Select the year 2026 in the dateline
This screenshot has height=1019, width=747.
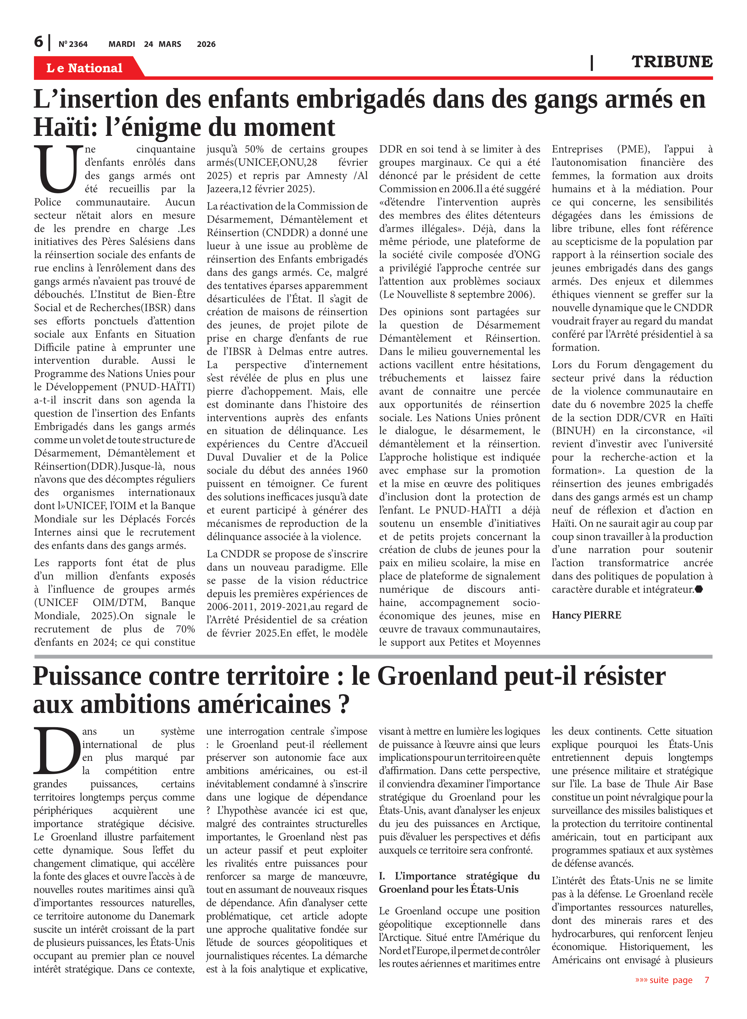tap(206, 44)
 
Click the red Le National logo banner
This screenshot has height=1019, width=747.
tap(85, 68)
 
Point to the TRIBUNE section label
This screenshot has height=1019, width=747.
tap(672, 61)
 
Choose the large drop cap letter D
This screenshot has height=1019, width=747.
tap(57, 750)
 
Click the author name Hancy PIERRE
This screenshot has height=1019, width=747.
tap(586, 615)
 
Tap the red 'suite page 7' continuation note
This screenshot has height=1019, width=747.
tap(672, 980)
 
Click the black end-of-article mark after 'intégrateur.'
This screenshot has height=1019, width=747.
tap(699, 589)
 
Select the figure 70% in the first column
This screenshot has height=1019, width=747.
tap(185, 629)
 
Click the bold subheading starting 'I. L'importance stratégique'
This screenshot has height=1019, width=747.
tap(459, 882)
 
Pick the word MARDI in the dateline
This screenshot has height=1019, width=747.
tap(122, 44)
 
